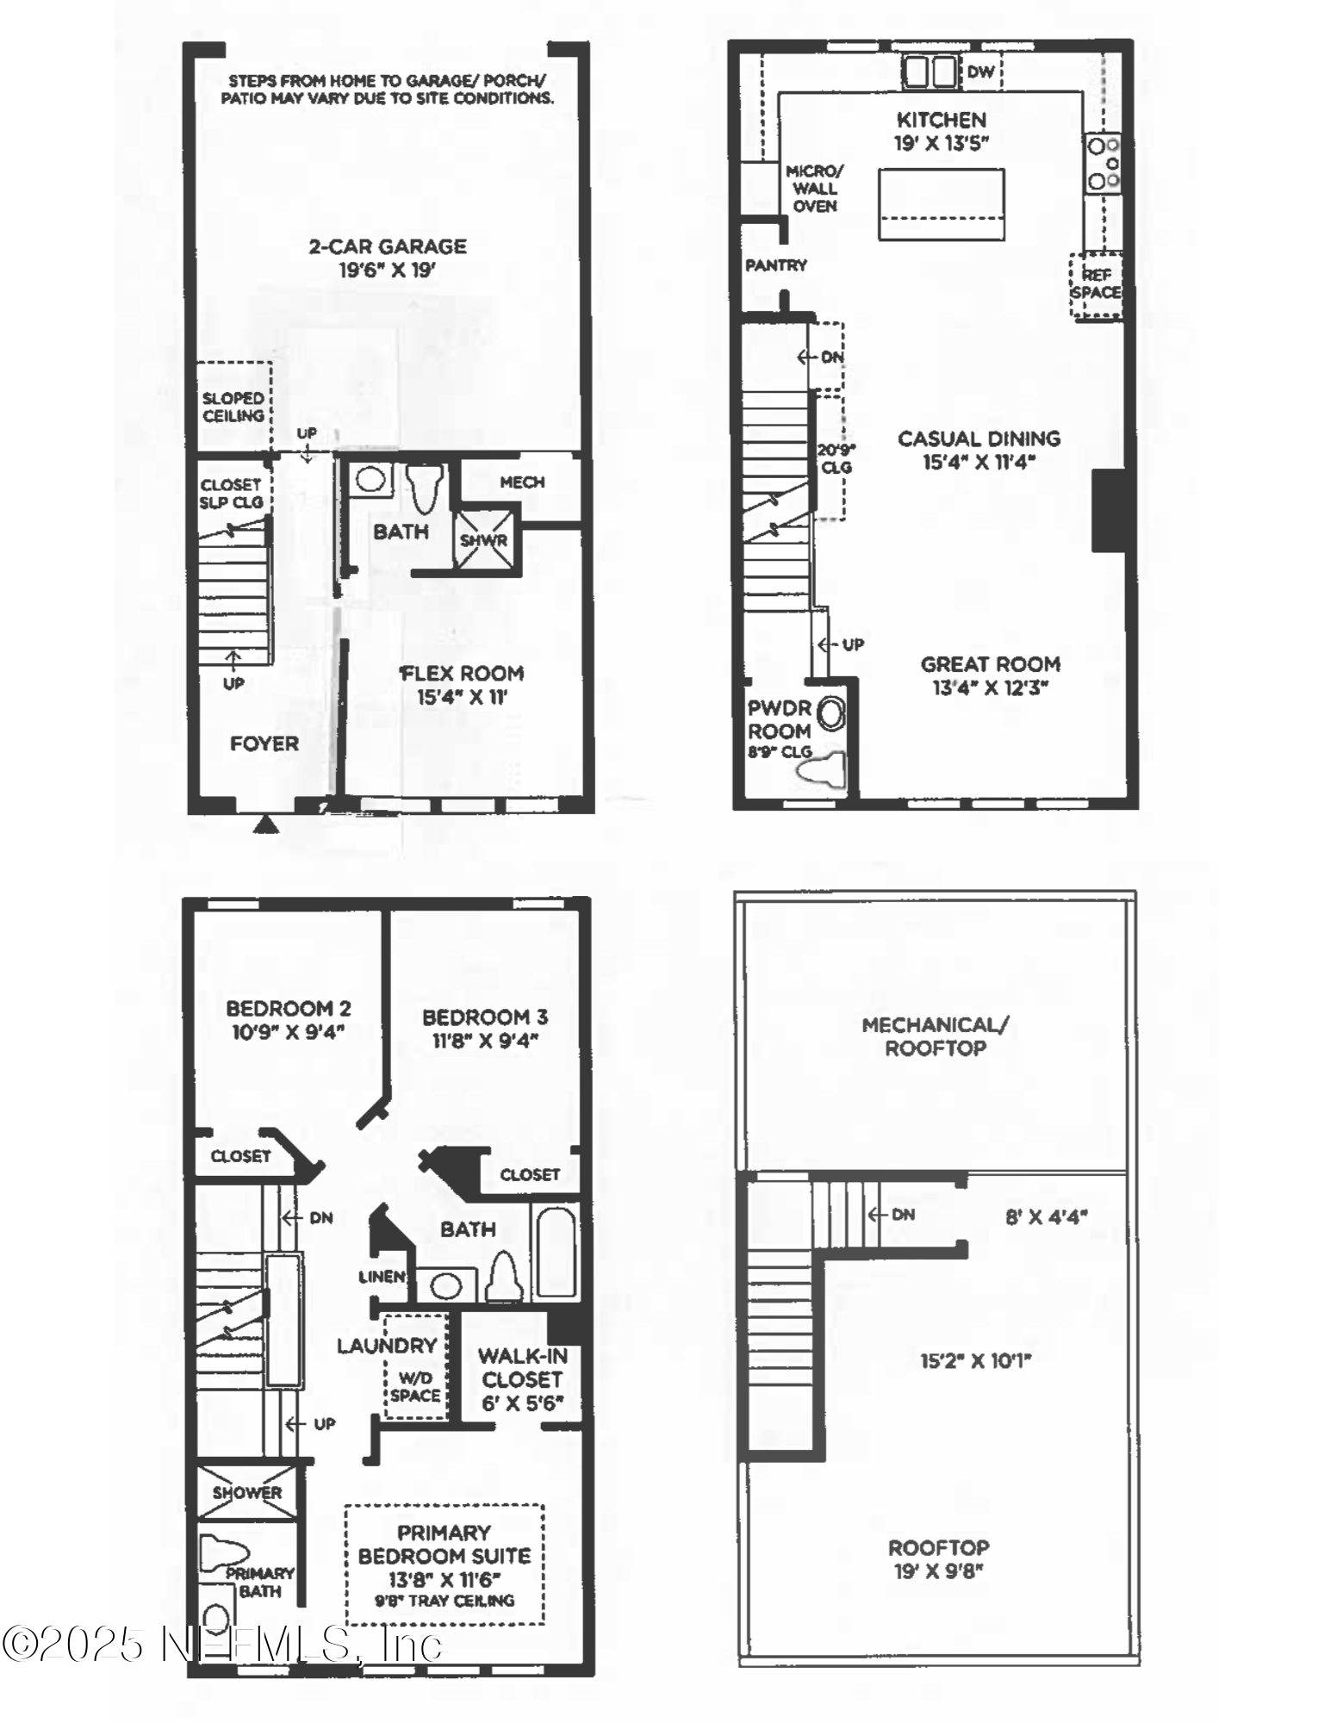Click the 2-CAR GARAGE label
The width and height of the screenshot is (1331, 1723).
tap(388, 247)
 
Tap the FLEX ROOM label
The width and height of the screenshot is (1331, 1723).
tap(463, 674)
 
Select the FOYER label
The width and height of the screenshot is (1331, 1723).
tap(264, 743)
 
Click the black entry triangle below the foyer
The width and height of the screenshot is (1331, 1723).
tap(266, 825)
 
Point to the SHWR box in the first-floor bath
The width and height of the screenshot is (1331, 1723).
tap(485, 540)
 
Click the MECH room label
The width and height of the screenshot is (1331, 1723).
tap(522, 482)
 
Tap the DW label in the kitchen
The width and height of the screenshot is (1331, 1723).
tap(980, 72)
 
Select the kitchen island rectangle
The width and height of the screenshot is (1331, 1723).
tap(941, 203)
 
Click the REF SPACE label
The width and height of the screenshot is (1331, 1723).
tap(1096, 283)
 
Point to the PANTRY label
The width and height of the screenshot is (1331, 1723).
tap(776, 265)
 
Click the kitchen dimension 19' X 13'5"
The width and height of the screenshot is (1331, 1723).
tap(941, 144)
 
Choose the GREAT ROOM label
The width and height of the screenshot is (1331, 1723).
tap(990, 664)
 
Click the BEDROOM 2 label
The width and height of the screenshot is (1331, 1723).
tap(288, 1008)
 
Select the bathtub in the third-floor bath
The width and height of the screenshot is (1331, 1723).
tap(554, 1251)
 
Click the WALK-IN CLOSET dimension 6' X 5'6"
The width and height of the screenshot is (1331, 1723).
tap(522, 1403)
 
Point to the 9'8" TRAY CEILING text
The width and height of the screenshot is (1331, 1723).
tap(445, 1601)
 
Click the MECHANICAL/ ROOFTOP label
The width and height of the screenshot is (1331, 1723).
tap(936, 1036)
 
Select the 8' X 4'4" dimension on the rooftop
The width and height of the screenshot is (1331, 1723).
tap(1046, 1217)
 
